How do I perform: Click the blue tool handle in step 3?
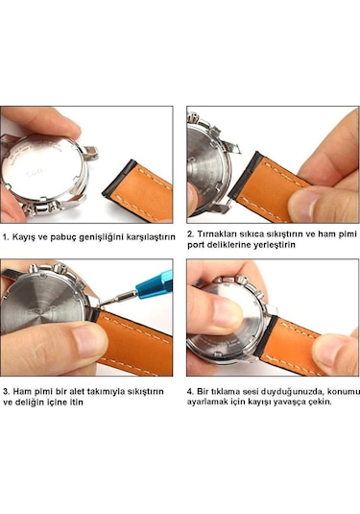(x=154, y=285)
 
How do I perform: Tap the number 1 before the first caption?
(x=5, y=237)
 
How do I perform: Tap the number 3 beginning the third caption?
(x=6, y=391)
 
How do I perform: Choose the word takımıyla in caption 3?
(x=105, y=392)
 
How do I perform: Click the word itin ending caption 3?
(x=76, y=403)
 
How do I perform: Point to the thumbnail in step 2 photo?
(x=303, y=202)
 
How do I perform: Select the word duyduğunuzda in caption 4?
(x=289, y=392)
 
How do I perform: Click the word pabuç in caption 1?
(x=63, y=237)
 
